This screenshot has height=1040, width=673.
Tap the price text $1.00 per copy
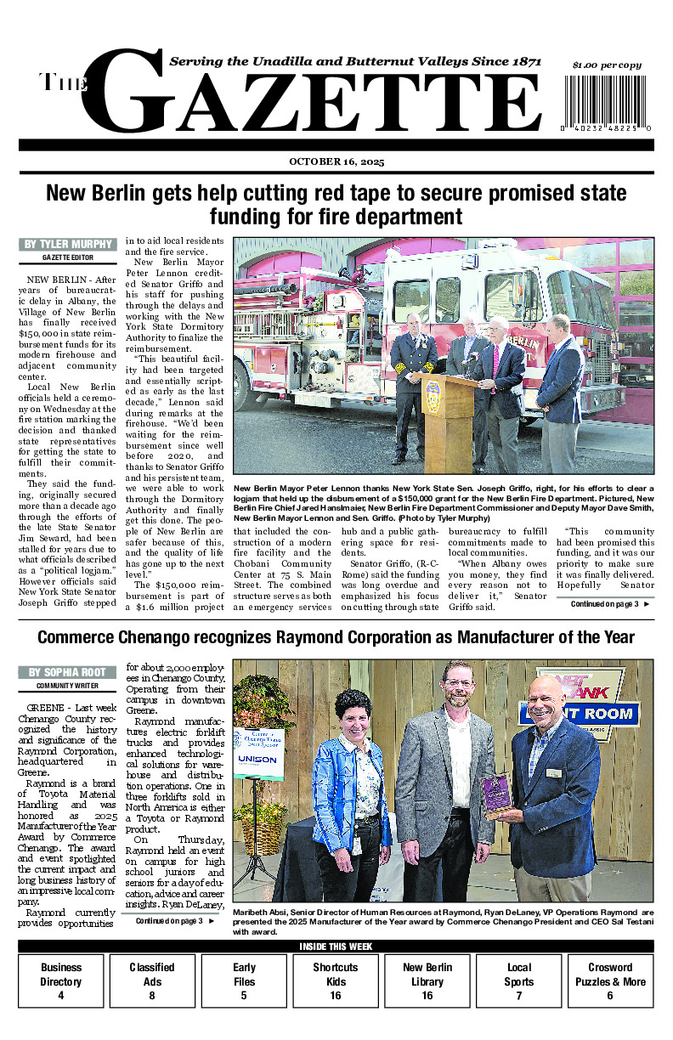607,65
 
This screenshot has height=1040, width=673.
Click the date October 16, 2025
336,161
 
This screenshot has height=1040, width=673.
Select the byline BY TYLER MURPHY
67,245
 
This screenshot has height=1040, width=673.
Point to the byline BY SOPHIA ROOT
67,672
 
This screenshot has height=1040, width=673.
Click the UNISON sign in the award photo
258,759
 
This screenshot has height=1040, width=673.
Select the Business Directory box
61,981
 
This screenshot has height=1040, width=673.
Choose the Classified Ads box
152,981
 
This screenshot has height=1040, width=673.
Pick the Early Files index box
244,981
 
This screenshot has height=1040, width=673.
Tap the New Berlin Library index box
427,981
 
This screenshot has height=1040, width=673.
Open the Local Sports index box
518,981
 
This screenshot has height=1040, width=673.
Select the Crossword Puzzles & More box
609,981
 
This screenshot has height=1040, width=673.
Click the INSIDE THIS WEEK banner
336,947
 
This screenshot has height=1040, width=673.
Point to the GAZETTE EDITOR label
67,257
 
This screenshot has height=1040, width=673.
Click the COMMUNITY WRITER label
67,685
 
